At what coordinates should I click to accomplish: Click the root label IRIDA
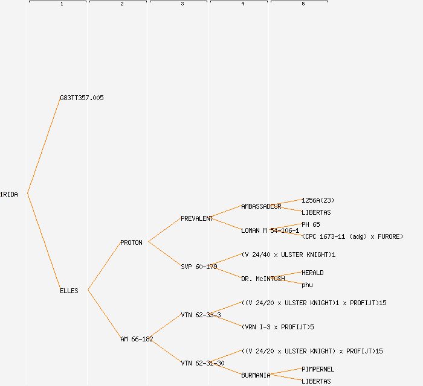[x=9, y=194]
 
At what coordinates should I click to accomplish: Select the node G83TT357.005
[x=82, y=98]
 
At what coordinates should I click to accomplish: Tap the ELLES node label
[x=69, y=291]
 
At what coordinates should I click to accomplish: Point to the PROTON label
[x=131, y=242]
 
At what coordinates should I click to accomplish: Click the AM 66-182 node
[x=137, y=339]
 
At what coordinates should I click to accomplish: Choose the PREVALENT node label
[x=197, y=218]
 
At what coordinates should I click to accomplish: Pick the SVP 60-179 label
[x=199, y=267]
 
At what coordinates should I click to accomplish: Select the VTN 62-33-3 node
[x=201, y=315]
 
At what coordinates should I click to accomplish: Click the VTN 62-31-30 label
[x=202, y=363]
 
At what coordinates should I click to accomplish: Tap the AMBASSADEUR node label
[x=261, y=206]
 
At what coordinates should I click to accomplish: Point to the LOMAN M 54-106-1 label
[x=270, y=230]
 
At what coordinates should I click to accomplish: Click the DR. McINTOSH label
[x=263, y=279]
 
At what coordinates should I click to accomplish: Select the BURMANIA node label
[x=256, y=375]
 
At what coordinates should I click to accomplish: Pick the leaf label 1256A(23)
[x=318, y=200]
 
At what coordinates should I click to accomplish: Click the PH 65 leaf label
[x=311, y=224]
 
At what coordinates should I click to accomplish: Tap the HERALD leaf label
[x=312, y=273]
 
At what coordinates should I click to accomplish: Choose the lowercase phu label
[x=307, y=285]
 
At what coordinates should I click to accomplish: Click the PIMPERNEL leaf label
[x=318, y=369]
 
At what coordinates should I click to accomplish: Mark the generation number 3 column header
[x=182, y=4]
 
